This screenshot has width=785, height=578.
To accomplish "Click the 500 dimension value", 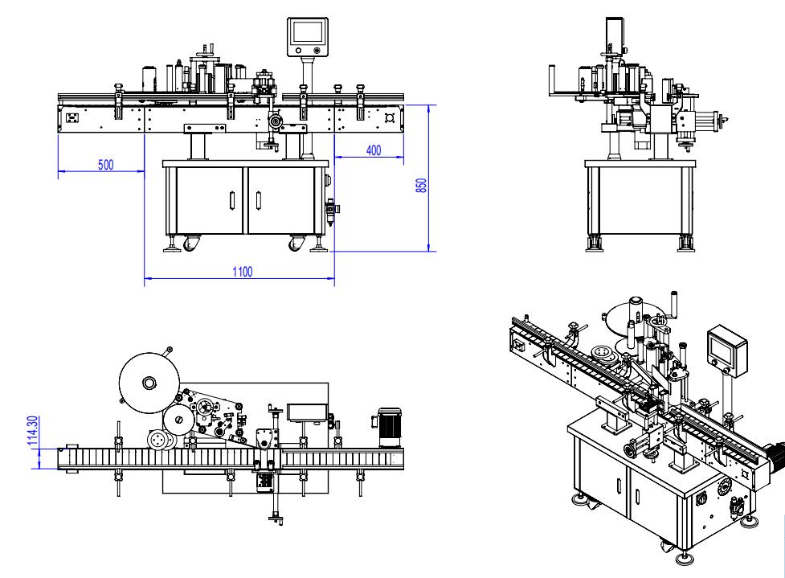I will pyautogui.click(x=106, y=164).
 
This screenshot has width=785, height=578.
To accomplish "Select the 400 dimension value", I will pyautogui.click(x=373, y=150).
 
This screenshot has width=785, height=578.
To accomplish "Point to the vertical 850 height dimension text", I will pyautogui.click(x=420, y=185).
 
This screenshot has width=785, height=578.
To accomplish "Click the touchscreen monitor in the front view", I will pyautogui.click(x=305, y=33).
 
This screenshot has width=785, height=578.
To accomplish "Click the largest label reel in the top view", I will pyautogui.click(x=149, y=383).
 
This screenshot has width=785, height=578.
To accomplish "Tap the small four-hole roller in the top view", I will pyautogui.click(x=161, y=441).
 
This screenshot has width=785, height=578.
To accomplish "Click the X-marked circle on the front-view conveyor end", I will pyautogui.click(x=390, y=117).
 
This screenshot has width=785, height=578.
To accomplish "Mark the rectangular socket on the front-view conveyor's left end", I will pyautogui.click(x=72, y=117).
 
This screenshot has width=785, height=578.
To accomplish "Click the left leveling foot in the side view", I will pyautogui.click(x=595, y=242).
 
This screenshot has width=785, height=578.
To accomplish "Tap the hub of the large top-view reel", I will pyautogui.click(x=149, y=383).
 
